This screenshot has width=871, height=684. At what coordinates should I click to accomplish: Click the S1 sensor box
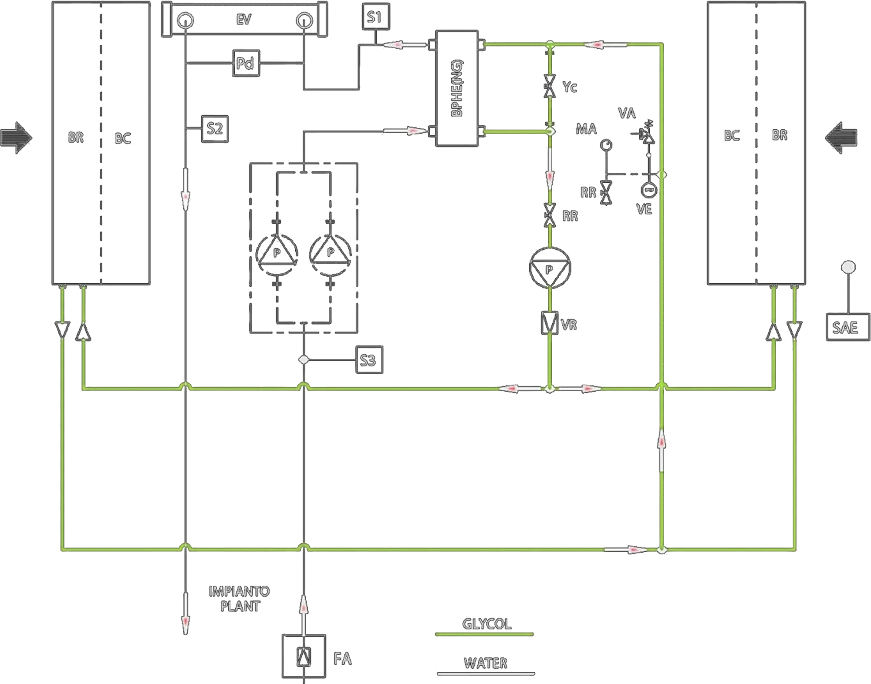click(376, 17)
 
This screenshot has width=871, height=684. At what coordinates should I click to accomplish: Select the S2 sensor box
click(215, 129)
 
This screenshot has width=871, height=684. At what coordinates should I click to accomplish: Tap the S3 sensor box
click(369, 360)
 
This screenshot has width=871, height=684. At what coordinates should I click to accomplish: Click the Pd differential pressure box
click(246, 64)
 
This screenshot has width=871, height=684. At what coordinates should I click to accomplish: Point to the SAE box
click(848, 327)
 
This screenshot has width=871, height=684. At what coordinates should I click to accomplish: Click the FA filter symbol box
click(304, 656)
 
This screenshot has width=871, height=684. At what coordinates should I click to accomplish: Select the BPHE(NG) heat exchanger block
click(457, 88)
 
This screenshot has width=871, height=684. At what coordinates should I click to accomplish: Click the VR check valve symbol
click(550, 323)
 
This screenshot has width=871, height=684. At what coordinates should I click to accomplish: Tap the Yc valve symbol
click(550, 86)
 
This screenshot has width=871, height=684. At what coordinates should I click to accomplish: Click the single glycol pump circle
click(550, 268)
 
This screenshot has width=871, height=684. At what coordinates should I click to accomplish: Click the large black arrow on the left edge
click(16, 138)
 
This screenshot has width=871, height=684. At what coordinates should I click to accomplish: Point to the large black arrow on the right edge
click(841, 138)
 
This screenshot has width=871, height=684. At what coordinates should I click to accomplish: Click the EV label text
click(244, 20)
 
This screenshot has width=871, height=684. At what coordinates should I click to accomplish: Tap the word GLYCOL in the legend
click(486, 624)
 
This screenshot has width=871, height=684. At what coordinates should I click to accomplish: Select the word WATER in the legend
click(486, 663)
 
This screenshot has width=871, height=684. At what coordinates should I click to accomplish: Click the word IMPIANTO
click(239, 591)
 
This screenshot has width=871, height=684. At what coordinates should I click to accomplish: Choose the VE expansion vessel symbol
click(649, 190)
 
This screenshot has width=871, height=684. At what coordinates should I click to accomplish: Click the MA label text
click(586, 129)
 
